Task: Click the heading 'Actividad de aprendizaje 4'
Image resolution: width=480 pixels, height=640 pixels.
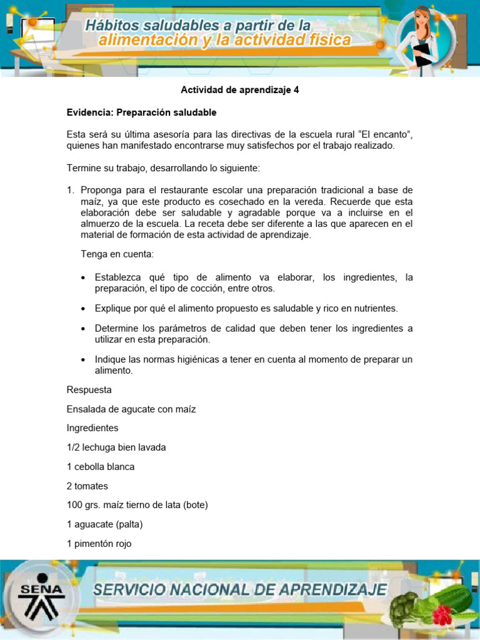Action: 240,90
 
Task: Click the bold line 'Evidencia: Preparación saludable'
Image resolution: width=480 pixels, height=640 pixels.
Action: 141,112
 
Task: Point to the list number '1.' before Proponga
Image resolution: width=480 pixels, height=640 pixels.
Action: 71,190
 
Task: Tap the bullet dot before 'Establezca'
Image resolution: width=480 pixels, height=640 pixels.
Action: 84,277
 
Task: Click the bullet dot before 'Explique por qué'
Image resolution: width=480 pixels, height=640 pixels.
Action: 84,309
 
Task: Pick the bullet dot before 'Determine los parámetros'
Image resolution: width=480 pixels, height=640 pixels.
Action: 84,329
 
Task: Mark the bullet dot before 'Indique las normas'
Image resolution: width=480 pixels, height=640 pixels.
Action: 84,360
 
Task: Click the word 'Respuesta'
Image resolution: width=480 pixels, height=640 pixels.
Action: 89,390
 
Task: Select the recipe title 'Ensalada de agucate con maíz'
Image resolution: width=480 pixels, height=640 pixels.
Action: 131,409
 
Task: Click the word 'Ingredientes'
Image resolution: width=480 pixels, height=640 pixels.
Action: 92,429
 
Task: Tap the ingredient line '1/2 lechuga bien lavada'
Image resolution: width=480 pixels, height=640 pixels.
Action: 116,447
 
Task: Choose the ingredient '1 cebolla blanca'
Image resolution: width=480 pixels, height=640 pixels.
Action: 101,467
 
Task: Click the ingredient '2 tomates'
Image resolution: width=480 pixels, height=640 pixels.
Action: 88,486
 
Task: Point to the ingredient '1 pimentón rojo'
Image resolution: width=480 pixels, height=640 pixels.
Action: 100,544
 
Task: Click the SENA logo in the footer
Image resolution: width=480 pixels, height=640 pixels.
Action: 41,594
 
